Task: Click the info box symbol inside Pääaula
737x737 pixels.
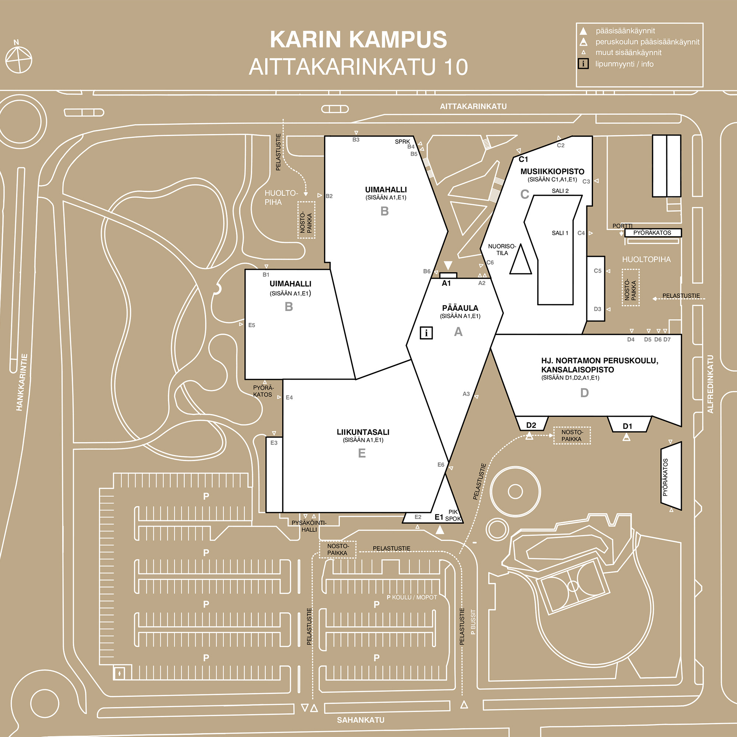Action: pyautogui.click(x=426, y=333)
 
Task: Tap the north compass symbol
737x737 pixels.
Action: pyautogui.click(x=18, y=59)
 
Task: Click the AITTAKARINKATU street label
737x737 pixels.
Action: pyautogui.click(x=473, y=106)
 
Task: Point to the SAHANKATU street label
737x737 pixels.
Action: pyautogui.click(x=360, y=720)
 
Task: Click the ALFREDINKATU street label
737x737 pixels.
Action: pyautogui.click(x=710, y=384)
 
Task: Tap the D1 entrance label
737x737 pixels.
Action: pyautogui.click(x=627, y=426)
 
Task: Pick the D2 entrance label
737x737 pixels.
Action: pyautogui.click(x=531, y=425)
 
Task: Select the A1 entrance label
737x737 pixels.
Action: pyautogui.click(x=446, y=283)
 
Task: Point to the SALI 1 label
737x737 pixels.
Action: pyautogui.click(x=560, y=233)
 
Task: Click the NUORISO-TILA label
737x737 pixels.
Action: pyautogui.click(x=502, y=249)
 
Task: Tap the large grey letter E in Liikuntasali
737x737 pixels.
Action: pyautogui.click(x=361, y=453)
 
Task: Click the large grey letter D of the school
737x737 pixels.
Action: pyautogui.click(x=584, y=393)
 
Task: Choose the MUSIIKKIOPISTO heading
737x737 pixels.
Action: pyautogui.click(x=552, y=172)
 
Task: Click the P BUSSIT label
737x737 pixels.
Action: pyautogui.click(x=473, y=622)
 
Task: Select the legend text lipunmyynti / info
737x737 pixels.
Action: pyautogui.click(x=624, y=64)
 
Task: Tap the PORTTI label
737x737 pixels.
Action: pyautogui.click(x=622, y=226)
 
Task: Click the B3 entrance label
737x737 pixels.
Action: pyautogui.click(x=356, y=140)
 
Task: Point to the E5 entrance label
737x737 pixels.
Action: pyautogui.click(x=251, y=325)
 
